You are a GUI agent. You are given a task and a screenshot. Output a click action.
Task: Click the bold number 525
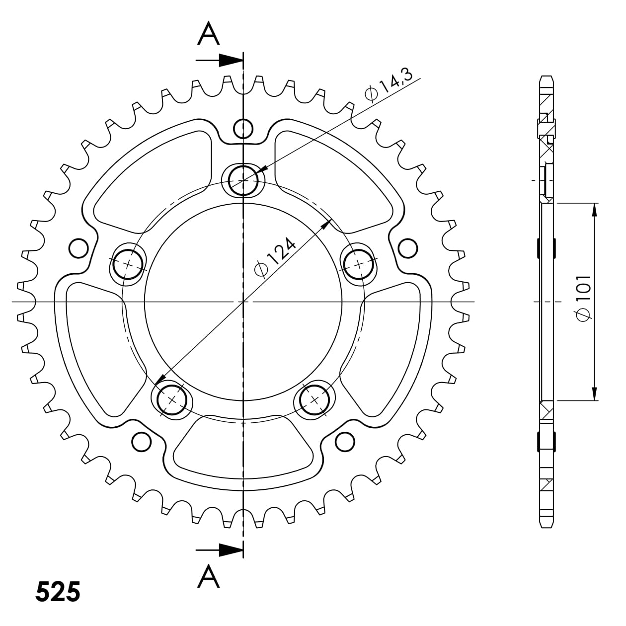click(x=58, y=592)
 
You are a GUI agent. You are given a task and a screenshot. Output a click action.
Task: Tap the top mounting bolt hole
click(x=243, y=179)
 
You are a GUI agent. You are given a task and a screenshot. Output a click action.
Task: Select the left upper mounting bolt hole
click(x=128, y=264)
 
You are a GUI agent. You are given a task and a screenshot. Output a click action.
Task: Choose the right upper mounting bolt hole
click(x=359, y=264)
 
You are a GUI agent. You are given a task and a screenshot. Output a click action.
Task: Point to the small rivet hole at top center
click(x=243, y=129)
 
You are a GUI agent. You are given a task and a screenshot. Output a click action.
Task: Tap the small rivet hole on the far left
click(x=78, y=248)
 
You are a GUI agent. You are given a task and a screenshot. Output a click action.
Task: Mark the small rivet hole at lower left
click(x=141, y=441)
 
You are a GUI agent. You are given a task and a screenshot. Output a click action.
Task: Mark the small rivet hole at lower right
click(x=344, y=441)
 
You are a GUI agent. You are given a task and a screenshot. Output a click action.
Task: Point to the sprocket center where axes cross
click(x=243, y=302)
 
